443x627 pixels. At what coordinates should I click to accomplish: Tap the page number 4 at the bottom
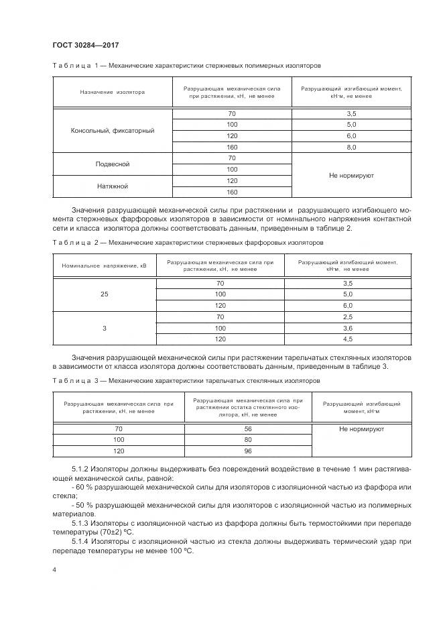[x=55, y=569]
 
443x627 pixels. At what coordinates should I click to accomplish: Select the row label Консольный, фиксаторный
[x=113, y=131]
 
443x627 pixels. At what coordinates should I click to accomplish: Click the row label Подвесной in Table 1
[x=113, y=164]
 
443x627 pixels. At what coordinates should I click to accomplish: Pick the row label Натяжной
[x=113, y=186]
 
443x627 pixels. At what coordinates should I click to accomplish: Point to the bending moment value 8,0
[x=351, y=147]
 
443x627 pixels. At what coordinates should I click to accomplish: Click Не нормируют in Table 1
[x=351, y=175]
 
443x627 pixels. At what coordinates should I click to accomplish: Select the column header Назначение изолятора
[x=113, y=92]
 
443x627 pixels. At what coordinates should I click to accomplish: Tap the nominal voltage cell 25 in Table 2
[x=104, y=294]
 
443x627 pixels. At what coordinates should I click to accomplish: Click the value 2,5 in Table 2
[x=347, y=317]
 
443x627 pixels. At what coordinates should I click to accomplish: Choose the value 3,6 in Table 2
[x=347, y=328]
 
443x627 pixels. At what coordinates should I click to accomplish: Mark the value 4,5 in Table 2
[x=347, y=339]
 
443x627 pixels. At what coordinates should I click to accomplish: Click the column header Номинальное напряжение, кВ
[x=104, y=266]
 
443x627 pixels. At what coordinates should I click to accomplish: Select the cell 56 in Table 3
[x=249, y=429]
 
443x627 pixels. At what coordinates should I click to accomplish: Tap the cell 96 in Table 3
[x=249, y=451]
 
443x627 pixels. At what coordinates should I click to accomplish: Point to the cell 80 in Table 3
[x=249, y=440]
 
